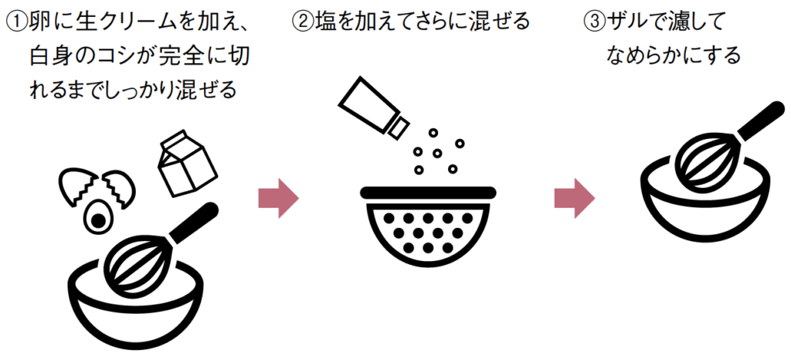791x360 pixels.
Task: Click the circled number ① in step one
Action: pyautogui.click(x=15, y=22)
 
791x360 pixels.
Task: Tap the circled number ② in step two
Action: pyautogui.click(x=304, y=22)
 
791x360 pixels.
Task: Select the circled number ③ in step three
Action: pyautogui.click(x=592, y=22)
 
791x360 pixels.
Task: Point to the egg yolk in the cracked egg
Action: pyautogui.click(x=99, y=220)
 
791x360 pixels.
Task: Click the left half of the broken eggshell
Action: pyautogui.click(x=77, y=185)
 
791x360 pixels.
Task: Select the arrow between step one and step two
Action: pyautogui.click(x=277, y=199)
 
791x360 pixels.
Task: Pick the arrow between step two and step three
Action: pyautogui.click(x=574, y=199)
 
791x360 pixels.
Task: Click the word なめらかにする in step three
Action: pyautogui.click(x=674, y=56)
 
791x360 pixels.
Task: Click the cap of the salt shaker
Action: pyautogui.click(x=399, y=125)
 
